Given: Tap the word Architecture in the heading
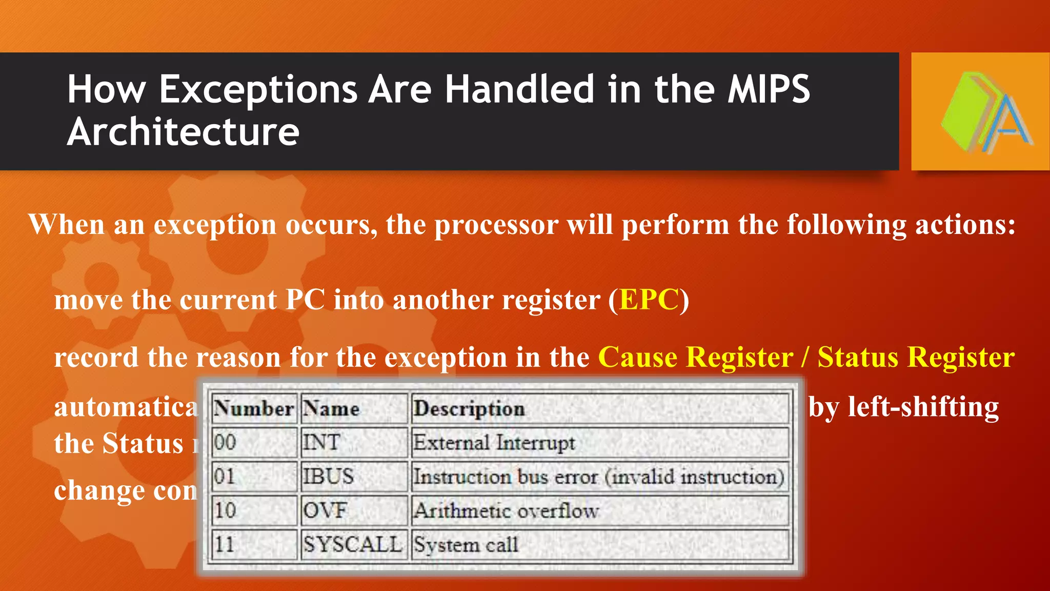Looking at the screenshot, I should pyautogui.click(x=183, y=132).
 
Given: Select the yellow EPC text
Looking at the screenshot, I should pyautogui.click(x=649, y=300).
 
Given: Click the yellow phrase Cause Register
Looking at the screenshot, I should pyautogui.click(x=696, y=357).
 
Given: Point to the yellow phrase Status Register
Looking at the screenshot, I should pyautogui.click(x=916, y=357).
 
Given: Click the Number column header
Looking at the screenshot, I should pyautogui.click(x=254, y=409).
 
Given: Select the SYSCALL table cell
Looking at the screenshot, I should pyautogui.click(x=352, y=544).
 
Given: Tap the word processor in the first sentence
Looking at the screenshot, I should pyautogui.click(x=496, y=225).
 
